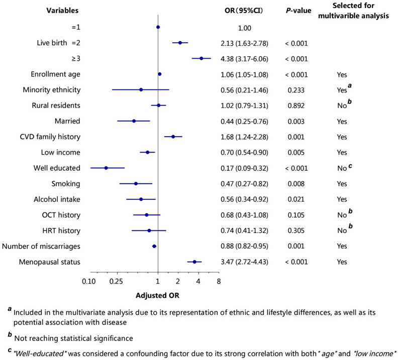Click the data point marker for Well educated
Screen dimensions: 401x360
click(106, 168)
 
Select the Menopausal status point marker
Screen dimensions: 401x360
click(194, 262)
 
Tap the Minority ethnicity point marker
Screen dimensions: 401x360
click(141, 90)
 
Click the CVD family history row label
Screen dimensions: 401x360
click(50, 137)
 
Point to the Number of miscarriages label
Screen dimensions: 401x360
click(41, 247)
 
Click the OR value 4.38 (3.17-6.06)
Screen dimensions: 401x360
click(245, 59)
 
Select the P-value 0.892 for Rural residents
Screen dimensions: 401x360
click(296, 105)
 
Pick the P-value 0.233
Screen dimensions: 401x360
click(296, 90)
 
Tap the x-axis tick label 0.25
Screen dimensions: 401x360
click(117, 281)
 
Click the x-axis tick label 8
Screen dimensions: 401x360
click(219, 281)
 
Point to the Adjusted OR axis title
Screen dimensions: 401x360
click(158, 296)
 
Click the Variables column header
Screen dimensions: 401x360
click(62, 11)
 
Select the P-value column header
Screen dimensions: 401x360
click(298, 11)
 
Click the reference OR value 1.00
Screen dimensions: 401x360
click(245, 28)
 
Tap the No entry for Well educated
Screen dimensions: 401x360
click(342, 168)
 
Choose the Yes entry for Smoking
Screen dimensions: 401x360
click(342, 184)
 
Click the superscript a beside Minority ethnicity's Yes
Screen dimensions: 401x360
click(350, 85)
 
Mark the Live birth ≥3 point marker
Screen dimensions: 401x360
click(202, 59)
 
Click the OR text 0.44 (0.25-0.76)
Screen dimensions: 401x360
click(245, 122)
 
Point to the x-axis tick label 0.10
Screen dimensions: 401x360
click(89, 281)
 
